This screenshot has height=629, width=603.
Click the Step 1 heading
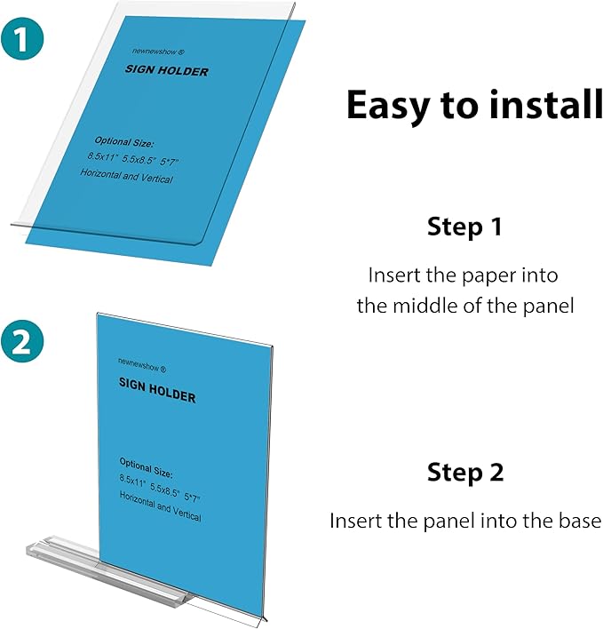tap(464, 227)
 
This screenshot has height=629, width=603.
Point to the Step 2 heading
tap(464, 472)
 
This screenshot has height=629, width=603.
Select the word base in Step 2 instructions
tap(581, 521)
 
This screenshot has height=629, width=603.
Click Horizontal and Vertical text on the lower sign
tap(160, 511)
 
